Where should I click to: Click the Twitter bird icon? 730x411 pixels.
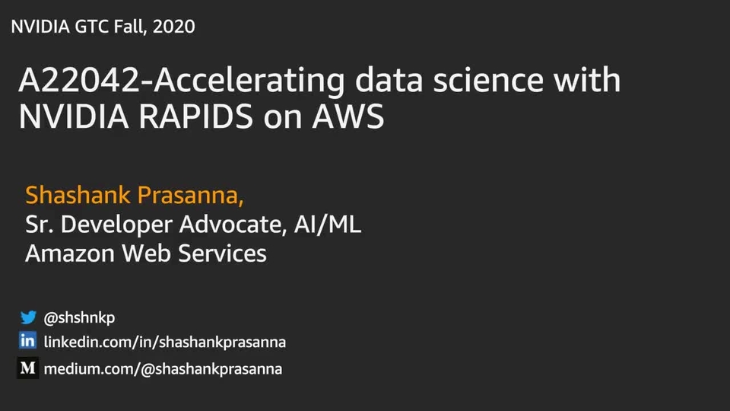[28, 317]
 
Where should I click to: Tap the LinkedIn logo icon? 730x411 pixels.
[27, 341]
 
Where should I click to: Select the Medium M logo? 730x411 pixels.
[28, 368]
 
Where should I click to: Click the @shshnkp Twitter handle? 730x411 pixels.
[79, 318]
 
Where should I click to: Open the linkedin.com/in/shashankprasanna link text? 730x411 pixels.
[165, 342]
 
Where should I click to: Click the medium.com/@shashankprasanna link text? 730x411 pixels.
[163, 369]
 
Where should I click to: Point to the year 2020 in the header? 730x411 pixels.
[173, 27]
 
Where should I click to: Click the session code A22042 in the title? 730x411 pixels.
[79, 80]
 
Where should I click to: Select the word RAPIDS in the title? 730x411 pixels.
[196, 116]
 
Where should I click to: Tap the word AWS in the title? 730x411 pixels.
[348, 116]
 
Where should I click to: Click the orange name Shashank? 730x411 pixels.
[78, 195]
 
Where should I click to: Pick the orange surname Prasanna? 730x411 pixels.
[190, 196]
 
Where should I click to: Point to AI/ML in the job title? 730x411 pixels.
[328, 224]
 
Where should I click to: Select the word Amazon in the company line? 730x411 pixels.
[70, 253]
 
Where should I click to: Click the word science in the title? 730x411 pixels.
[488, 80]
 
